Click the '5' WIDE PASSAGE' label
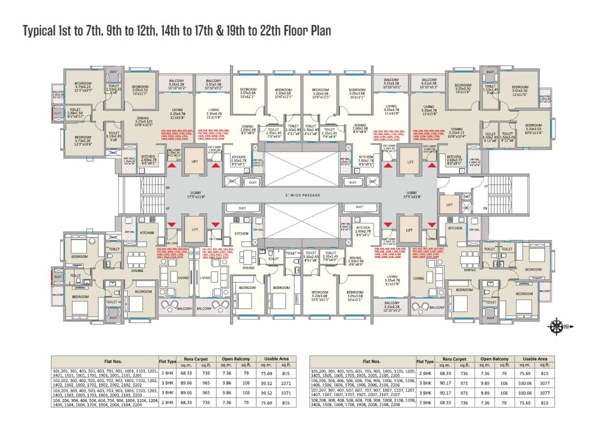coord(302,195)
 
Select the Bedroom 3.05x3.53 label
coord(141,89)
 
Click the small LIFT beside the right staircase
coord(449,204)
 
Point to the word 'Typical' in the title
coord(40,32)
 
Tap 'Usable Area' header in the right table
coord(535,359)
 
